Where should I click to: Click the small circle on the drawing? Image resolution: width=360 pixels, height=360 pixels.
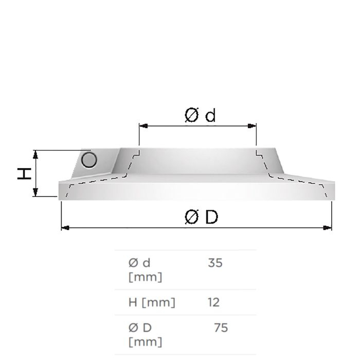(x=89, y=160)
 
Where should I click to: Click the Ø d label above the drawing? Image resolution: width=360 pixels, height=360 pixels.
(x=200, y=115)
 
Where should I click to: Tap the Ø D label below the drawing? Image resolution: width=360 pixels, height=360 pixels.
(x=201, y=217)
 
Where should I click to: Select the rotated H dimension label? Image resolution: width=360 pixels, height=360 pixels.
(x=24, y=174)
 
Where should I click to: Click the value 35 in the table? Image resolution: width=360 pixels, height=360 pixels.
(x=215, y=263)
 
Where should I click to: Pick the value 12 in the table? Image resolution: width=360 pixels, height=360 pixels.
(x=213, y=302)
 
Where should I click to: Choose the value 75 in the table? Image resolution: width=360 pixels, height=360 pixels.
(x=221, y=328)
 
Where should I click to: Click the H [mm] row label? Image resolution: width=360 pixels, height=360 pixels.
(x=152, y=302)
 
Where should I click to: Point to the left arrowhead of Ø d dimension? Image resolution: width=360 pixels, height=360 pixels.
(x=143, y=126)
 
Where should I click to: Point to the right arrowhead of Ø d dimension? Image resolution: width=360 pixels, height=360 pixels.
(x=252, y=126)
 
